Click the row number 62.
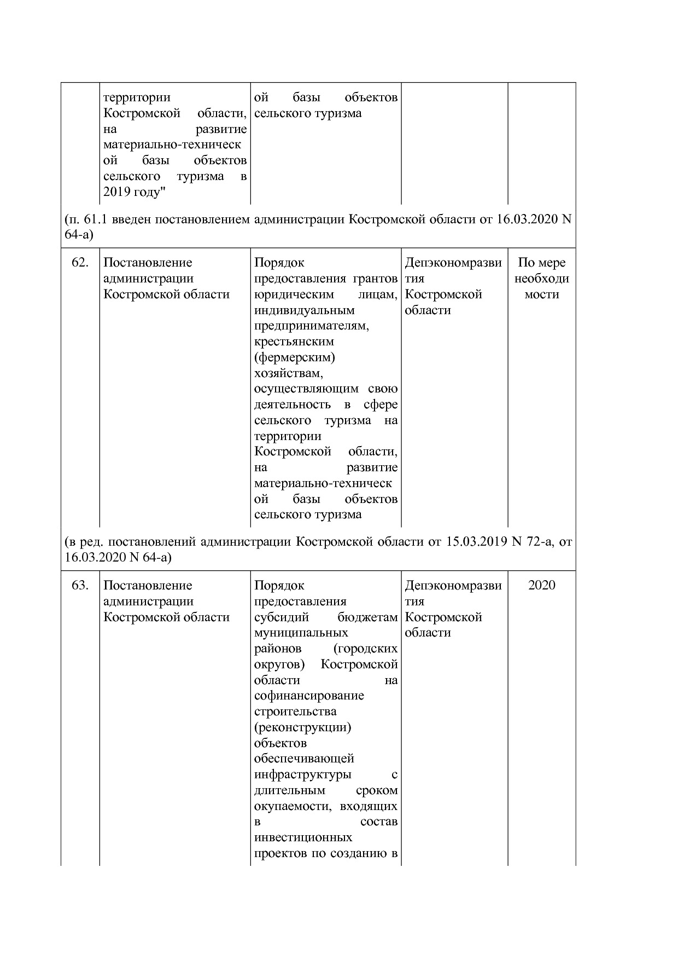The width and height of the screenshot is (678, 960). [80, 263]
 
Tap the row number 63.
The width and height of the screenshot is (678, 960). [80, 585]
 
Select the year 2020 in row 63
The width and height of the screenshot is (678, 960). [541, 585]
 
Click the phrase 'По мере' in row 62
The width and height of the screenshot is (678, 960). [541, 263]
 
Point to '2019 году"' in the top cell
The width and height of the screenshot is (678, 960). [135, 192]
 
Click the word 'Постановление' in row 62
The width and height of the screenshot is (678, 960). [148, 263]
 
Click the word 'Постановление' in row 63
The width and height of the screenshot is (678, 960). [148, 585]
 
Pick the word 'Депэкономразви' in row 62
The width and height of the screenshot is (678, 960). [453, 263]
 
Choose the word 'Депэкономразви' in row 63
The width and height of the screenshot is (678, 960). [453, 585]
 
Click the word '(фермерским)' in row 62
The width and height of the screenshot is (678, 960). [295, 357]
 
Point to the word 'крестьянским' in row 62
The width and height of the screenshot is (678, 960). [294, 342]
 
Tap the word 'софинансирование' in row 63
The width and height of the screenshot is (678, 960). [309, 696]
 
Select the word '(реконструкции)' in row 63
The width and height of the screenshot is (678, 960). [302, 727]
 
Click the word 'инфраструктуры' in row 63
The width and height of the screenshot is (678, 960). [302, 774]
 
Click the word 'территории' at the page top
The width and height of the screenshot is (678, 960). [137, 97]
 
